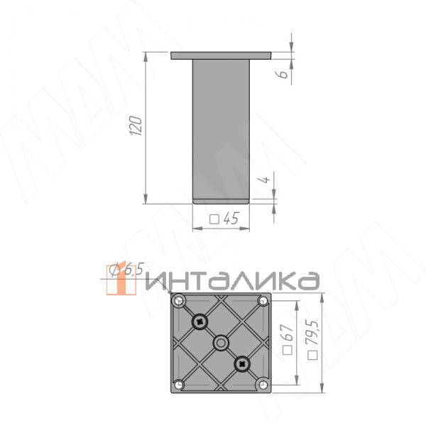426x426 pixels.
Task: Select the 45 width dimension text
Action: point(230,219)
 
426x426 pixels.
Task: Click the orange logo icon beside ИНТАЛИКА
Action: point(120,280)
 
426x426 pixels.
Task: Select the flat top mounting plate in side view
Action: point(221,55)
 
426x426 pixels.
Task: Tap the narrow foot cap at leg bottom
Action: point(221,200)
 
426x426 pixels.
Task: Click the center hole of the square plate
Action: point(222,343)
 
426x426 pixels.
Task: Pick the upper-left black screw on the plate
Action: point(201,322)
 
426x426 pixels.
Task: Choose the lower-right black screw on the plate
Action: point(243,364)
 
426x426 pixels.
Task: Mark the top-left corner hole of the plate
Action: point(180,301)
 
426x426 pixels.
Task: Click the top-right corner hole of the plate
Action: point(264,301)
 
